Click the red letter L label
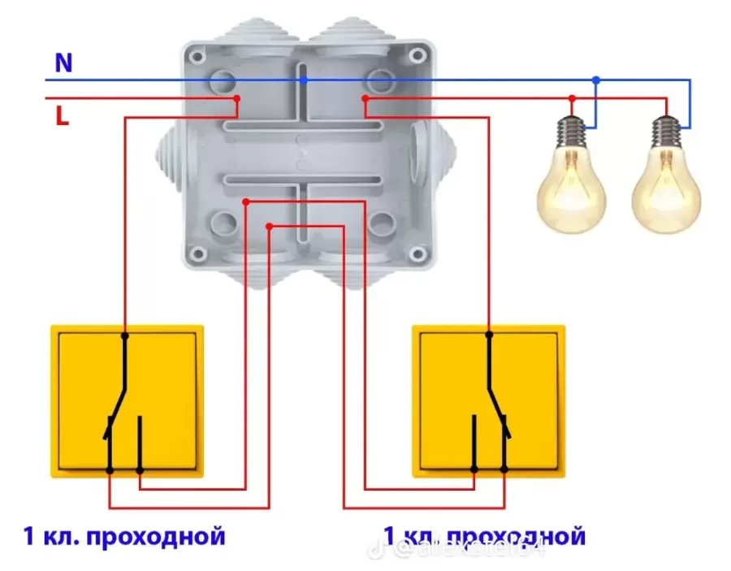point(63,116)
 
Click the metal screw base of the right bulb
point(668,130)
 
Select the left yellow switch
point(128,400)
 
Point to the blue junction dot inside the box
point(304,80)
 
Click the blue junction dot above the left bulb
point(596,80)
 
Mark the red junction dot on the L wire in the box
point(237,98)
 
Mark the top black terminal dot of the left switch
point(125,335)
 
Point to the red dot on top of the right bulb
point(667,98)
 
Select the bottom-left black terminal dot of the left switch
point(110,470)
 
